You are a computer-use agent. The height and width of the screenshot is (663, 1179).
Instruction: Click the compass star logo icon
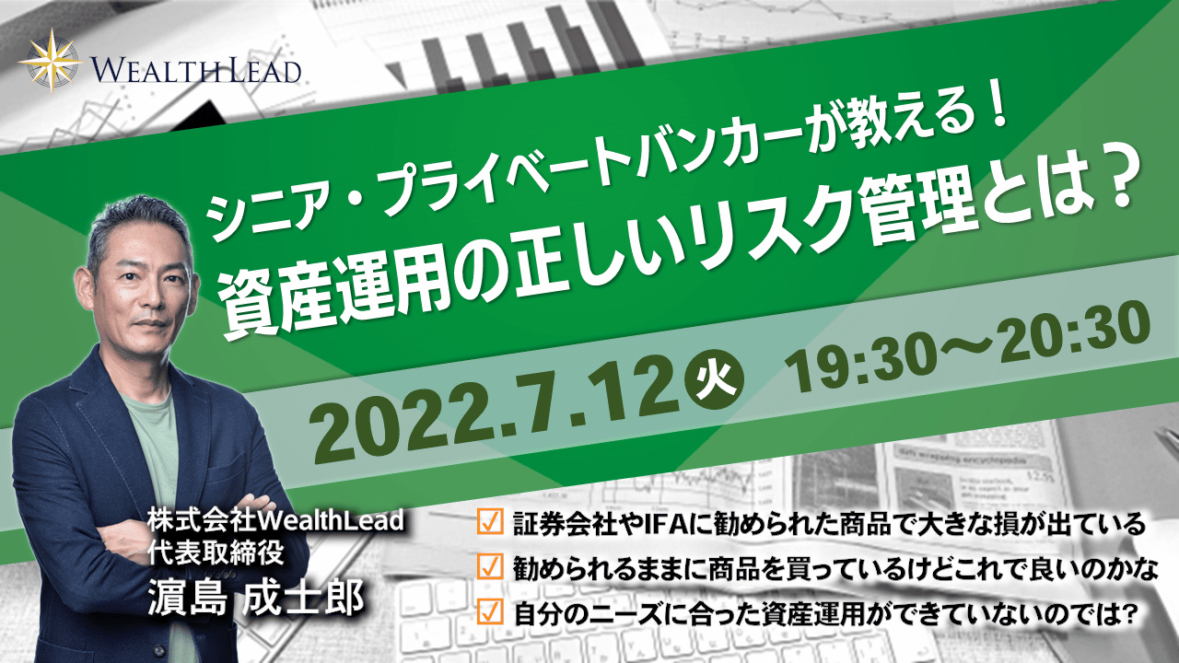[52, 61]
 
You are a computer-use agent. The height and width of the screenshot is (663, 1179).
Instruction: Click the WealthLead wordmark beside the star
[196, 71]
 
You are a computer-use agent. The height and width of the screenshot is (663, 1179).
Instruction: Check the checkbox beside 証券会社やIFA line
[491, 521]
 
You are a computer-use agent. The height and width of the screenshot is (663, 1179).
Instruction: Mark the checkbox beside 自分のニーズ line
[491, 612]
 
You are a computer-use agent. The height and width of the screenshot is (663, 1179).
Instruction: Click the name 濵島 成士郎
[256, 599]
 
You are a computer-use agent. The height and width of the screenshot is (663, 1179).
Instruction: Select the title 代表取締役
[216, 553]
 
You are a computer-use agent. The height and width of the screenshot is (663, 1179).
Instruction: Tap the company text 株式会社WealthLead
[275, 521]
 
